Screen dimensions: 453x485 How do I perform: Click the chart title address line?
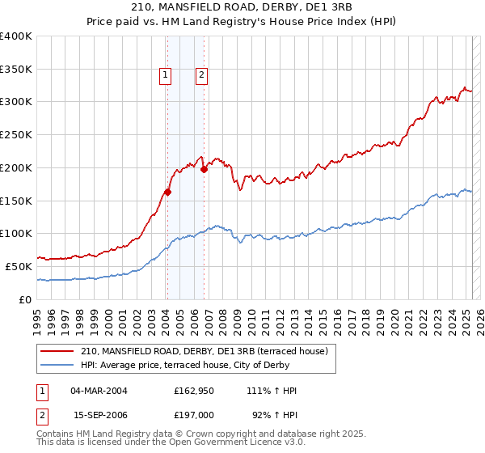coord(242,8)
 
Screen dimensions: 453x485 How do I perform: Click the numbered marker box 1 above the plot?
coord(165,76)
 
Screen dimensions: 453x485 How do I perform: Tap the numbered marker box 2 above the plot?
coord(201,76)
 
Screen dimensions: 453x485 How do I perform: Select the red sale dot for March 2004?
coord(167,192)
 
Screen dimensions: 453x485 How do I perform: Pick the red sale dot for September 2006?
coord(204,169)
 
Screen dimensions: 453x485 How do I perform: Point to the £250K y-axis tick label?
coord(16,135)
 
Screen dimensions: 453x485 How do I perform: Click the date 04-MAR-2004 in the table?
coord(99,391)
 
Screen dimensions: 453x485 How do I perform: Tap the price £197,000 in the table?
coord(194,414)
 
